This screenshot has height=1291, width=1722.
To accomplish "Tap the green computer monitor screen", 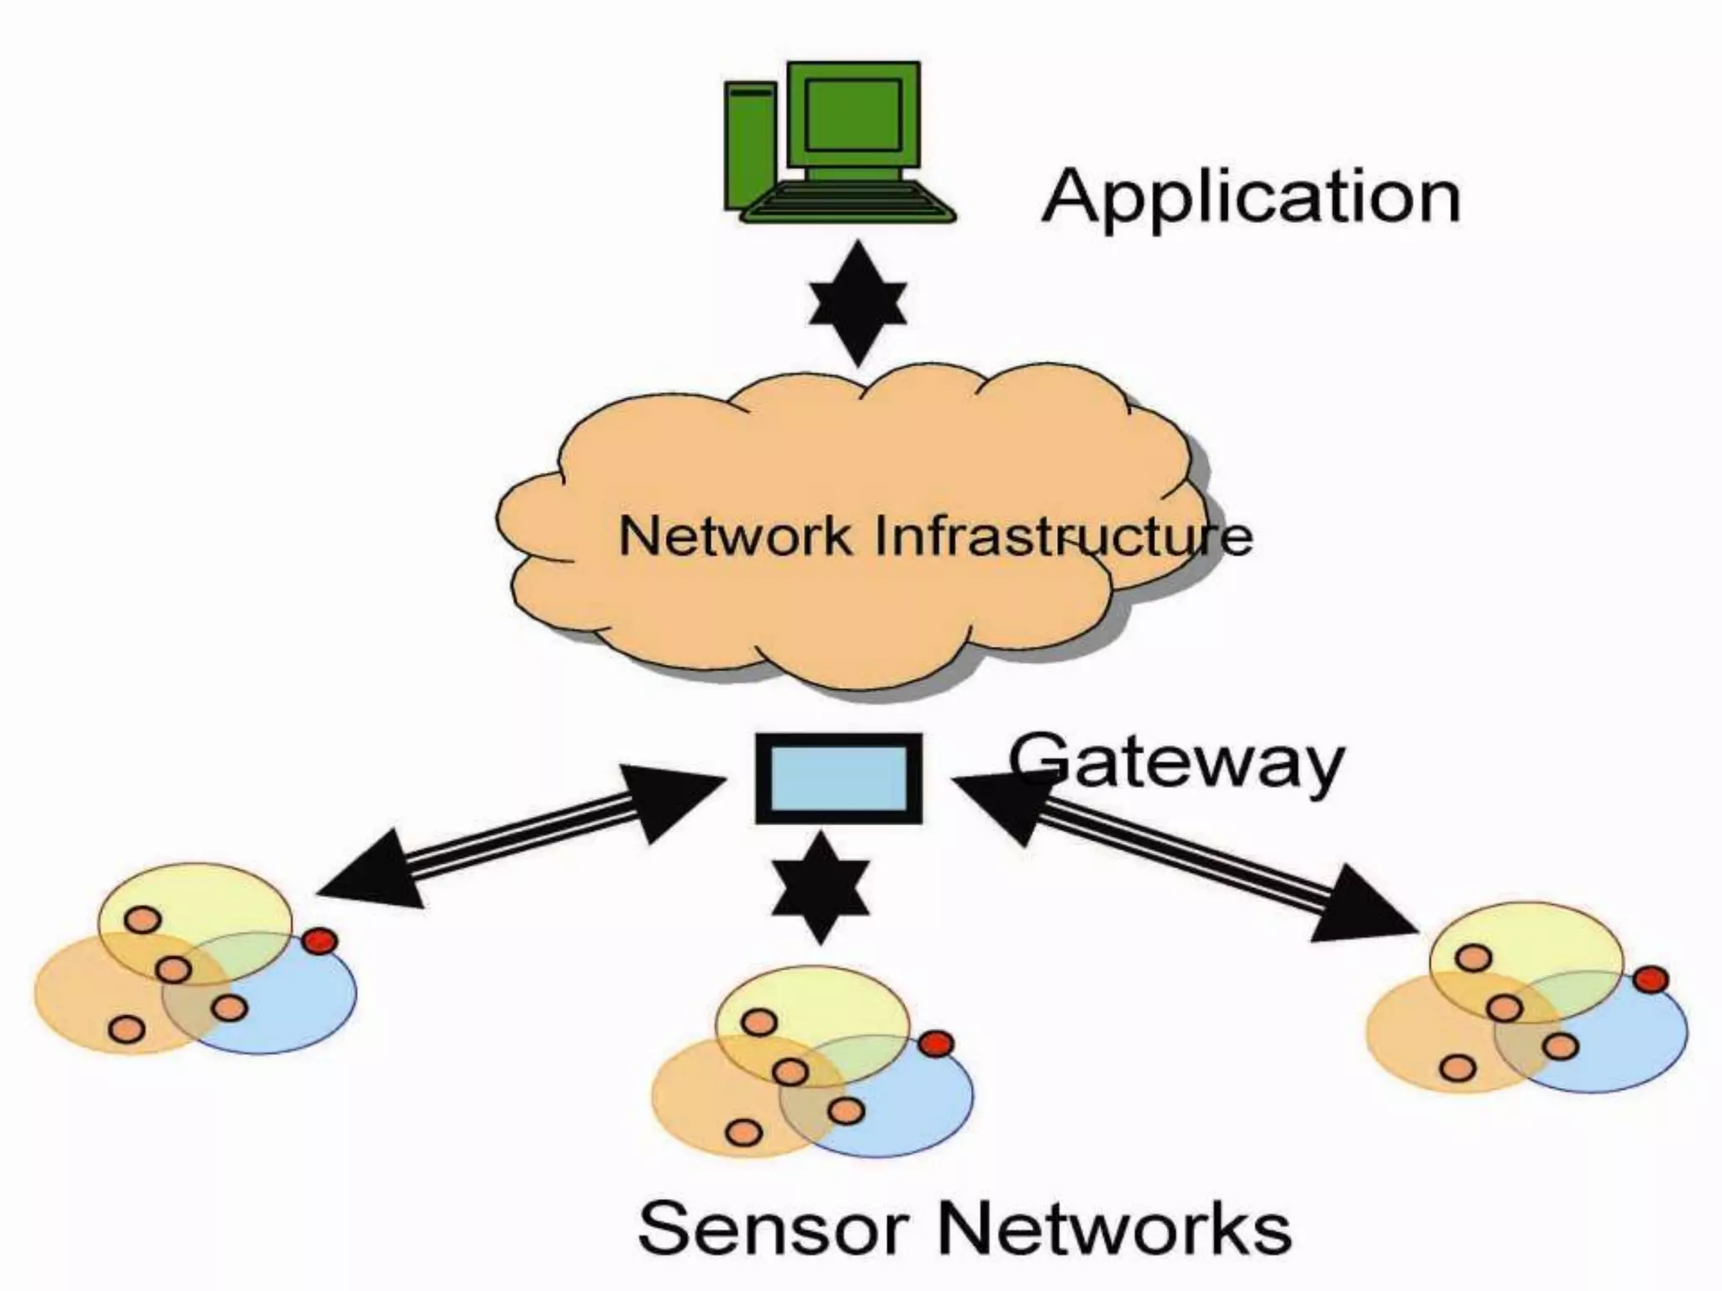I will pos(853,114).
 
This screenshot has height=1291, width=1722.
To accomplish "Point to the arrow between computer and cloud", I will pos(858,303).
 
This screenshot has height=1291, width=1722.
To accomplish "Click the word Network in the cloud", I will pos(734,535).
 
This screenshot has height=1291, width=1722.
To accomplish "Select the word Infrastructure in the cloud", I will pos(1064,535).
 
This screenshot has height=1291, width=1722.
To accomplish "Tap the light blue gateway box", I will pos(838,777).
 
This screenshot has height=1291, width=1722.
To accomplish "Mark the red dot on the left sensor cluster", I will pos(320,941).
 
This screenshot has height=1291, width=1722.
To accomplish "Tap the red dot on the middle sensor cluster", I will pos(935,1044).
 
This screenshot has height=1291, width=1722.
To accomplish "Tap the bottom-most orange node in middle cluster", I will pos(742,1133).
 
